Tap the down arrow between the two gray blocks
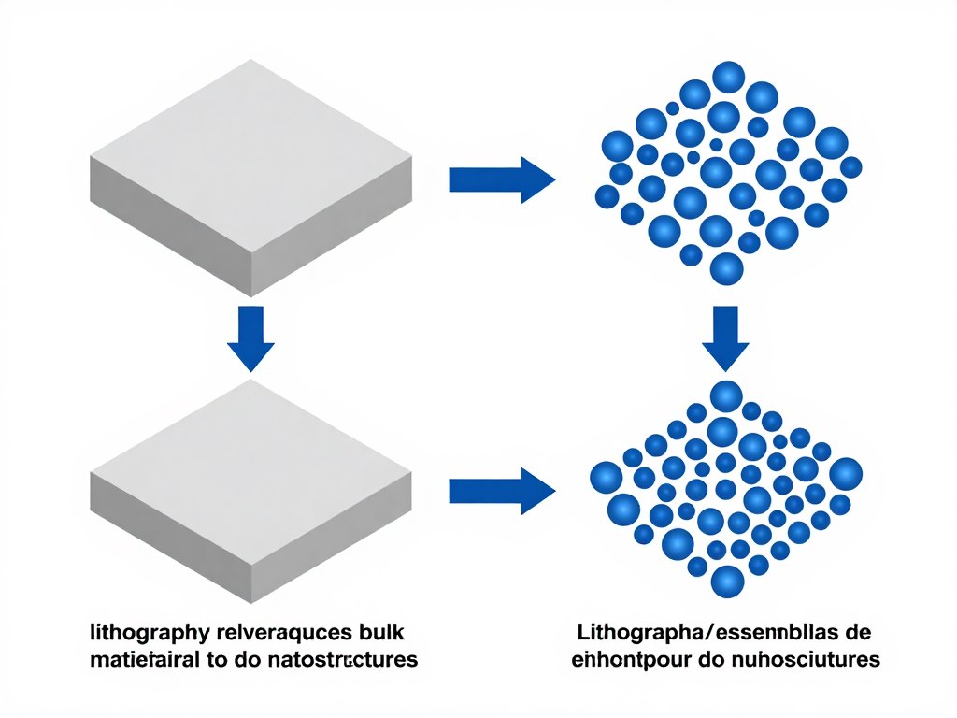[x=251, y=337]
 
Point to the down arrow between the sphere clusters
[x=726, y=337]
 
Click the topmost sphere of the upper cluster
[x=728, y=77]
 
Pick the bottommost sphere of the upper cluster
[x=727, y=269]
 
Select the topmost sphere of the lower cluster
[x=726, y=396]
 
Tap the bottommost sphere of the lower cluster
[x=727, y=582]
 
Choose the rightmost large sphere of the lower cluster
[x=846, y=474]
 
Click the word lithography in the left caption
[x=136, y=631]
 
